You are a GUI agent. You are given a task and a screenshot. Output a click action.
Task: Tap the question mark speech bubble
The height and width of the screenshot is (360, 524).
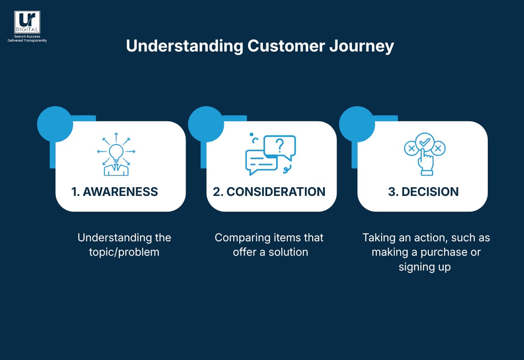coord(280,145)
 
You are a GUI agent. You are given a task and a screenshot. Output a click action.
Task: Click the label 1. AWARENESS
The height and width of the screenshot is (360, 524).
coord(115,192)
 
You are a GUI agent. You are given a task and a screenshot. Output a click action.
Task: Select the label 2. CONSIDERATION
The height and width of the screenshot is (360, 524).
coord(269,192)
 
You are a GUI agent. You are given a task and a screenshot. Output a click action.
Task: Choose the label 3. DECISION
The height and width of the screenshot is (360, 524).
coord(423,192)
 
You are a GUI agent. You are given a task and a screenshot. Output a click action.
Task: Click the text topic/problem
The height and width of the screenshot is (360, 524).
coord(124,252)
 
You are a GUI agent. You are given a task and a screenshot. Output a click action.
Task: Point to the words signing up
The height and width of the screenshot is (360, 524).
coord(424,267)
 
